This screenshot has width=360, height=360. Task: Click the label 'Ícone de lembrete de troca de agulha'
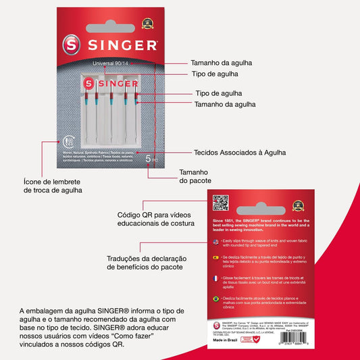click(x=51, y=186)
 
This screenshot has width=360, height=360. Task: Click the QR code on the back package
click(x=221, y=203)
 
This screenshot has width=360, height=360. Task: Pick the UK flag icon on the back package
click(x=215, y=241)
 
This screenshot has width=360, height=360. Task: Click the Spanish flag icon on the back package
click(x=215, y=259)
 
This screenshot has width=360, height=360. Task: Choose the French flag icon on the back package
click(x=215, y=278)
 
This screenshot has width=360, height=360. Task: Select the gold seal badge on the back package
click(x=298, y=205)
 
